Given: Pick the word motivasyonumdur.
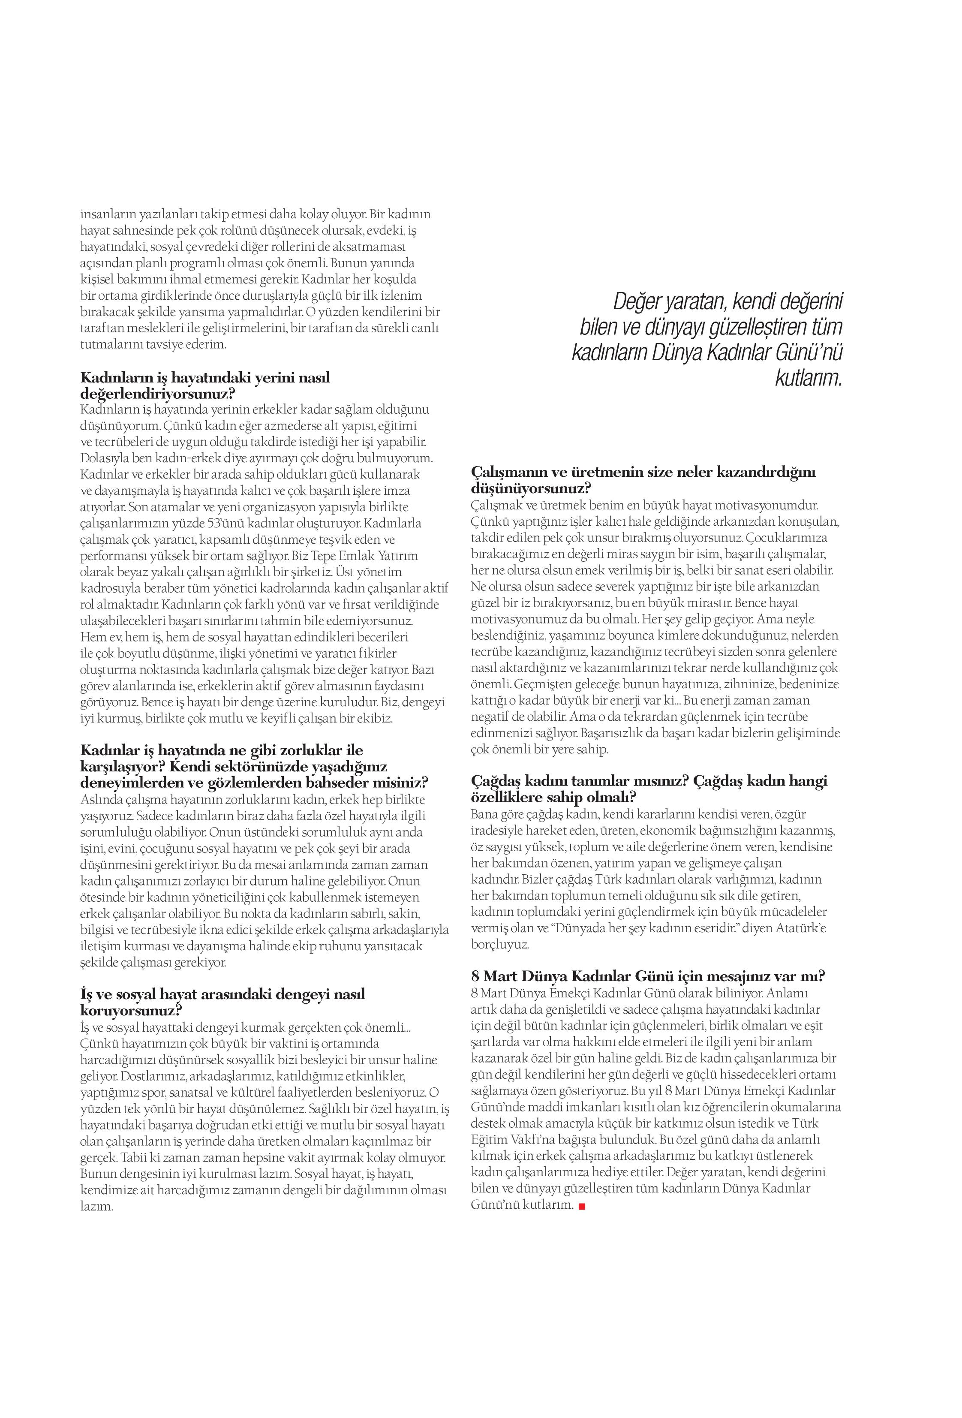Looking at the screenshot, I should tap(772, 505).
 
